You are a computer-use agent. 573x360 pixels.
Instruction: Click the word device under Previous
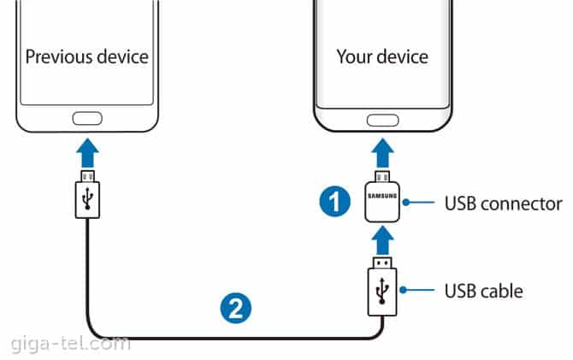(121, 57)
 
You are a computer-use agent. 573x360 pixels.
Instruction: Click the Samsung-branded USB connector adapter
(382, 199)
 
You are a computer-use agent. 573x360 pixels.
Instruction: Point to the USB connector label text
(503, 204)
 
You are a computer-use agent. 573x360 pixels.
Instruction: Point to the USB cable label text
(483, 292)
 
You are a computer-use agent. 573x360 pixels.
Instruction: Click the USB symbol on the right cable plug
(382, 291)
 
